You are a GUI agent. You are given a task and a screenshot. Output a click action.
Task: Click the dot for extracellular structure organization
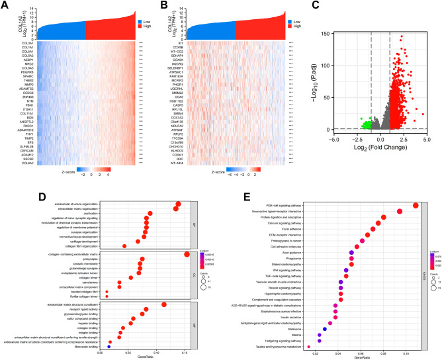177,203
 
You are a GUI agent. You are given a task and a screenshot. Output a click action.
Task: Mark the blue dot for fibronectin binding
109,346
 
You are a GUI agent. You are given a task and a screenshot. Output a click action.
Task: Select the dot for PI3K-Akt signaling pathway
415,204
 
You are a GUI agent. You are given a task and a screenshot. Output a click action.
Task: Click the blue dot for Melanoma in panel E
325,328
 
